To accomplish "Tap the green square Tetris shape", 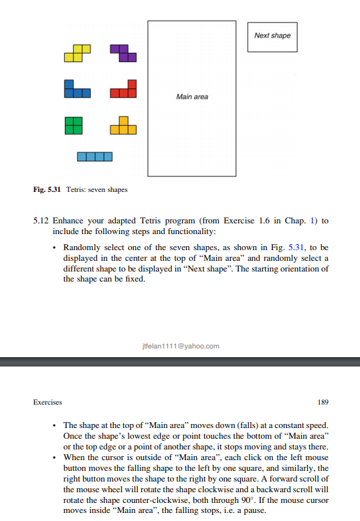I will click(74, 124).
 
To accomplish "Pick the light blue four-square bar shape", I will click(94, 157).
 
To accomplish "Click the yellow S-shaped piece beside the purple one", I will click(78, 54).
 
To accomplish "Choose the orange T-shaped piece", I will click(123, 126).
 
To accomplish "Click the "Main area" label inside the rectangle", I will click(192, 97).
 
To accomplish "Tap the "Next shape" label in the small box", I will click(272, 35).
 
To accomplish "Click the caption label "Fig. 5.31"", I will click(48, 190).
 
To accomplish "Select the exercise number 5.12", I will click(41, 221).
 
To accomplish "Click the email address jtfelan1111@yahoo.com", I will click(181, 346).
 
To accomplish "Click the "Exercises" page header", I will click(48, 403).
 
